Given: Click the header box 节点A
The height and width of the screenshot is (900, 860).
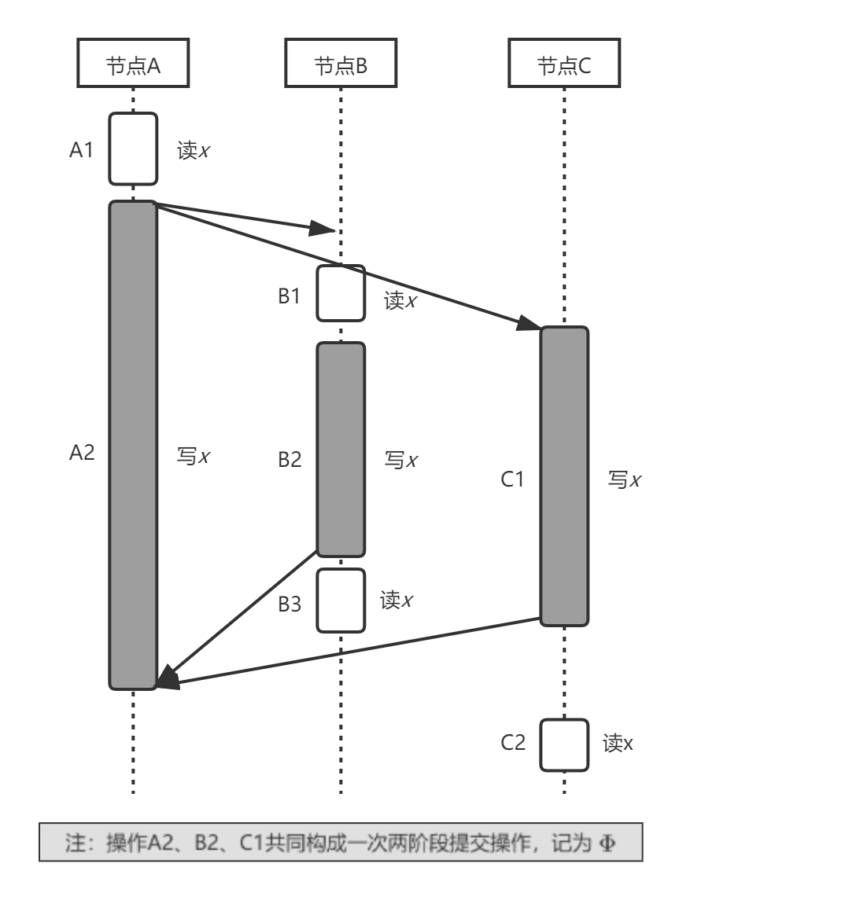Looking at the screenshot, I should coord(133,65).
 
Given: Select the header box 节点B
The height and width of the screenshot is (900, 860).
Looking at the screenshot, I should coord(341,65).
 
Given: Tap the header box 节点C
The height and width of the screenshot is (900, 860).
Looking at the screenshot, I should coord(563,65).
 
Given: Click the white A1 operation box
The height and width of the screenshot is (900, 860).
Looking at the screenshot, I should coord(133,149).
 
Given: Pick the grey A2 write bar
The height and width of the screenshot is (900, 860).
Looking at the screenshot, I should coord(133,445).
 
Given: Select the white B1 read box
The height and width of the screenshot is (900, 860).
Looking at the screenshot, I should coord(341,293).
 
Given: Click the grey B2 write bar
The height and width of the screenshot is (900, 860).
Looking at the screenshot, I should coord(341,450).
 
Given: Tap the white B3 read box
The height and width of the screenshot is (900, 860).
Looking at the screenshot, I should coord(341,601).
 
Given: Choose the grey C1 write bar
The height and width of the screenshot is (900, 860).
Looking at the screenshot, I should coord(563,476).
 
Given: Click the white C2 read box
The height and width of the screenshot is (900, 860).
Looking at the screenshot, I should coord(563,744).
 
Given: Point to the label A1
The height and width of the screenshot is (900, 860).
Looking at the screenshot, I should coord(81,149).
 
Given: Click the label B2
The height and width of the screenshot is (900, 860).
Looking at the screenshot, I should coord(290,460).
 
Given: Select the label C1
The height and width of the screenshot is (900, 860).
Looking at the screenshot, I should coord(512,479).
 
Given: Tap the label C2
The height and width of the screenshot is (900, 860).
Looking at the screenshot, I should coord(513,742).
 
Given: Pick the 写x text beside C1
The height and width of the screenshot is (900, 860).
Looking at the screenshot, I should coord(625,479).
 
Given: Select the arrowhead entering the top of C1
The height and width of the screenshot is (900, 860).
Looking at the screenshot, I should coord(529,324).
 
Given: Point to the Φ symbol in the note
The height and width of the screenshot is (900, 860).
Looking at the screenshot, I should coord(607,843).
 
